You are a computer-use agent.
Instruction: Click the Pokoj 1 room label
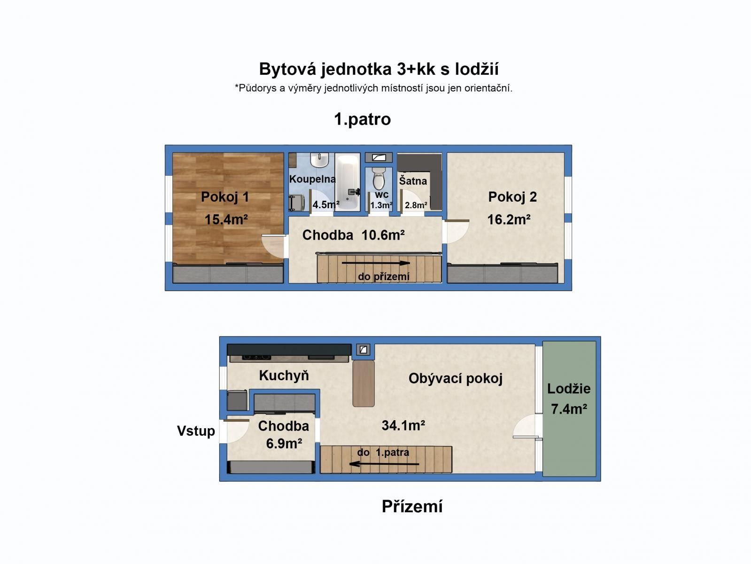coord(225,197)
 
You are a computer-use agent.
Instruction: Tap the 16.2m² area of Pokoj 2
coord(509,219)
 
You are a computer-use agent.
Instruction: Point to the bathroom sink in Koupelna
coord(320,161)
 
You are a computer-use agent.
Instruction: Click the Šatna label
coord(413,181)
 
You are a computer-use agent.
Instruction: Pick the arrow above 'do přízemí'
coord(376,263)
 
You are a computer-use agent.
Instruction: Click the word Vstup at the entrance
coord(196,431)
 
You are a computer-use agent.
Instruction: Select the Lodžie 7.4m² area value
coord(569,409)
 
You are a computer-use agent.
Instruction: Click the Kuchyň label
coord(284,376)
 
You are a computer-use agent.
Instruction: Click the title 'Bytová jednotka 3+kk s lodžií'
coord(379,69)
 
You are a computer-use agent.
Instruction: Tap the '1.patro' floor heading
coord(362,119)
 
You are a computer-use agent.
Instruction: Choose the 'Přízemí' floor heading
coord(412,506)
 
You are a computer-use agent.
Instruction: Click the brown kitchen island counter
coord(364,383)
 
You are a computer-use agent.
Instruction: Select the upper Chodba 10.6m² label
coord(353,235)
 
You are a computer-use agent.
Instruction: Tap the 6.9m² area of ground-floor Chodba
coord(284,444)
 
